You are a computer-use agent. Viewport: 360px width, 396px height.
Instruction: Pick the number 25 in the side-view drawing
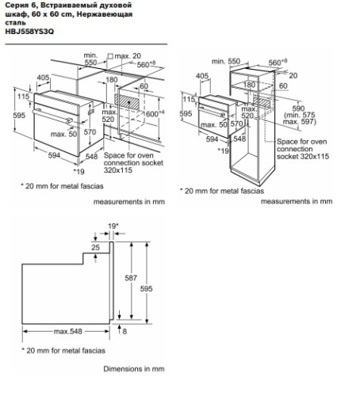point(96,248)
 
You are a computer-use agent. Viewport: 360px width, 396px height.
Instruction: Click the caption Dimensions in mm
point(134,368)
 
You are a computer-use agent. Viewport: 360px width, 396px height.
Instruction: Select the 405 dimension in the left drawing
point(43,77)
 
